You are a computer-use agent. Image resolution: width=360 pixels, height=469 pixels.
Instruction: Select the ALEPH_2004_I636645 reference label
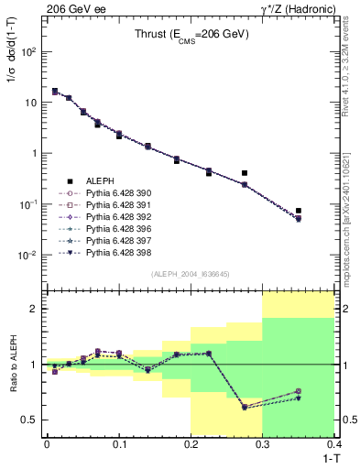coord(191,274)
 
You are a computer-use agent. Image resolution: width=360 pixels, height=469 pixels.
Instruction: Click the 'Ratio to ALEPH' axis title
coord(13,364)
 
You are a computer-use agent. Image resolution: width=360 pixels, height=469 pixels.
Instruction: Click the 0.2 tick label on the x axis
coord(191,442)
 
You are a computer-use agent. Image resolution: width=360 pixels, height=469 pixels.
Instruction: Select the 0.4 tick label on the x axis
coord(334,442)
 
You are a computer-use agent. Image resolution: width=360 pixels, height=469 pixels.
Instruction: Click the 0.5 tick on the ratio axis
coord(31,420)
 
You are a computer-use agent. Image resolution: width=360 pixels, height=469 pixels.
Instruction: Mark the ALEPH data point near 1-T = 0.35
coord(299,211)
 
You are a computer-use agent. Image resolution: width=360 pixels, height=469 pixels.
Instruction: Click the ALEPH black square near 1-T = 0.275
coord(245,172)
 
